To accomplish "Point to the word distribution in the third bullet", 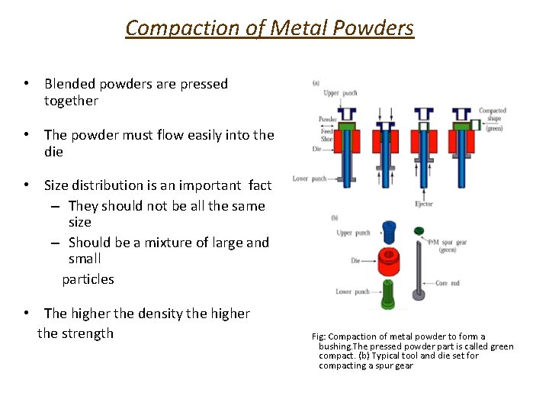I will (111, 185).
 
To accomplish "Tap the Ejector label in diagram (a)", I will (423, 204).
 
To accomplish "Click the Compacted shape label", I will (492, 114).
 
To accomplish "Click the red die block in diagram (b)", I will (389, 265).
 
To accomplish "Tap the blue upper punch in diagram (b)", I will (388, 231).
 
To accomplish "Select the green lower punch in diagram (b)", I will (388, 294).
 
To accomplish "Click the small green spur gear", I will (418, 230).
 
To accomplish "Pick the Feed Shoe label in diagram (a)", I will (326, 135).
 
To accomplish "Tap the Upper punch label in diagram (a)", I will (341, 93).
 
